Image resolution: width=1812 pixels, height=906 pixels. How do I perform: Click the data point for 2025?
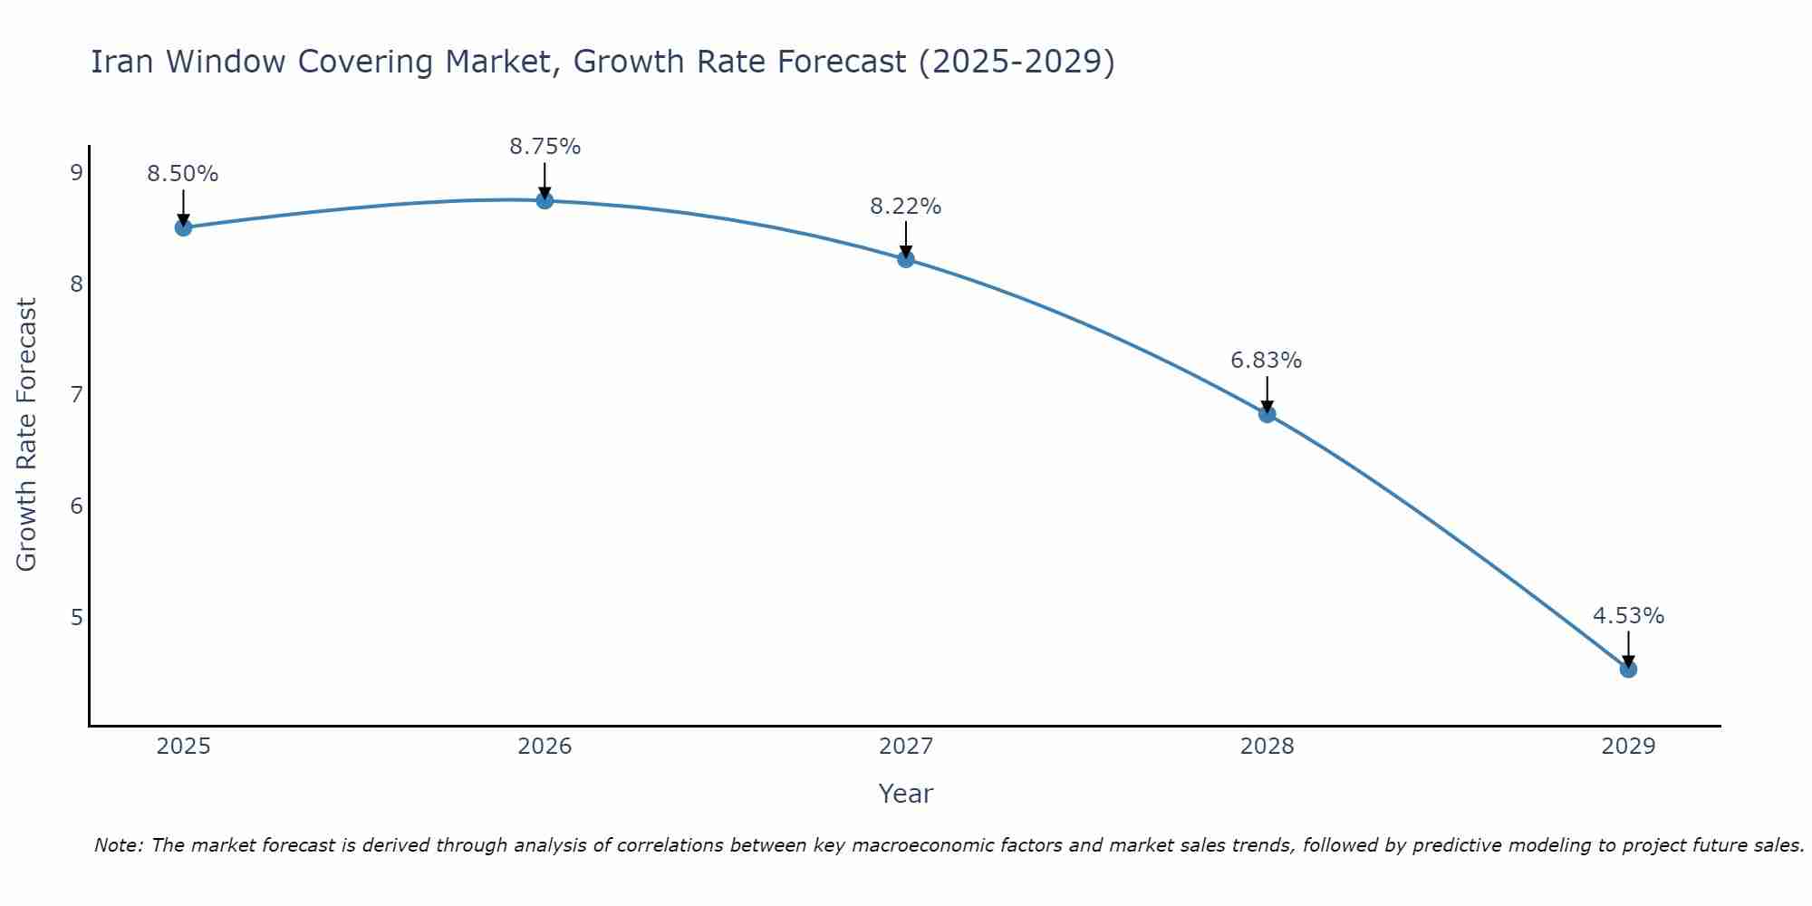[183, 227]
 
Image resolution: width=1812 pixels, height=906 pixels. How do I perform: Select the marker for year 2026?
[545, 200]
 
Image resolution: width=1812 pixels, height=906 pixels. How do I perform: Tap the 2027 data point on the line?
[906, 259]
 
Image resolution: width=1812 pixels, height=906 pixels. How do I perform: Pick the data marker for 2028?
[1267, 414]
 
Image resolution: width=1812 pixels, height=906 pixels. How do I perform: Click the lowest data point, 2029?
[1628, 670]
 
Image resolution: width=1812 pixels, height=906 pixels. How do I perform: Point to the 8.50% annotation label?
[183, 174]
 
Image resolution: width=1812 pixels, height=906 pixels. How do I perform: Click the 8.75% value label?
[545, 147]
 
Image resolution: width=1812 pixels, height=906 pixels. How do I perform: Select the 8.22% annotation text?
[906, 207]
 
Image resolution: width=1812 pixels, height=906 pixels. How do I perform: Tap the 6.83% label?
[1267, 361]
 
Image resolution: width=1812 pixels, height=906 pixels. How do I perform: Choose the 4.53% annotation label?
[1628, 616]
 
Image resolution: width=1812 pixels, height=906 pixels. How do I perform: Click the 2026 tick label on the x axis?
[545, 747]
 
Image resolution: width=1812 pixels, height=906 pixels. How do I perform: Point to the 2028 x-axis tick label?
[1267, 747]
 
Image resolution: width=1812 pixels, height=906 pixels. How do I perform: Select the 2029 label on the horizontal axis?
[1628, 747]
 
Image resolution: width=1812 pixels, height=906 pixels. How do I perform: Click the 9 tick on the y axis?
[76, 172]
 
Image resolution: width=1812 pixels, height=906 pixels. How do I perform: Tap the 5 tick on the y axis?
[76, 617]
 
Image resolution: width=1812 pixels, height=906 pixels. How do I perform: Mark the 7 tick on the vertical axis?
[76, 394]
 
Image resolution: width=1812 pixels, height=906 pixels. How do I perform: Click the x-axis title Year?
[906, 794]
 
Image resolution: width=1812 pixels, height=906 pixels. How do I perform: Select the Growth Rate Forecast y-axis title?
[27, 435]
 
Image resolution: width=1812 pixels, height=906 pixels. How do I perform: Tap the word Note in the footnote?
[118, 845]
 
